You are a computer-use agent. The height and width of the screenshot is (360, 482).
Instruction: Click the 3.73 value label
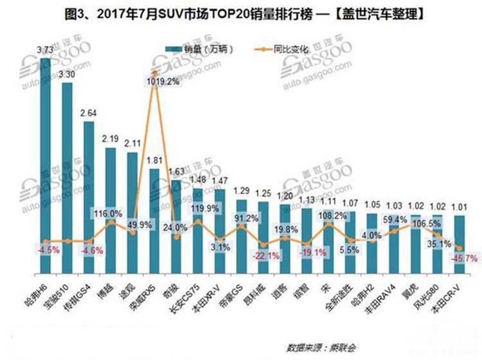click(x=45, y=50)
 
